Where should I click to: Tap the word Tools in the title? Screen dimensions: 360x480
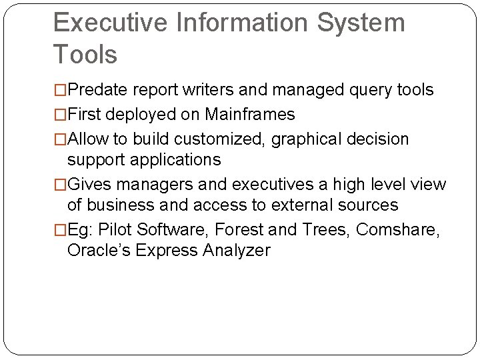click(85, 55)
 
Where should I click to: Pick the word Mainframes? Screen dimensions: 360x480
click(249, 115)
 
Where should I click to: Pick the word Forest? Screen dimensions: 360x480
click(239, 230)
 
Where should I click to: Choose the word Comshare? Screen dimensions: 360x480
click(397, 230)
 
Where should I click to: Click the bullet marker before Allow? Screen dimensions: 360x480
click(60, 139)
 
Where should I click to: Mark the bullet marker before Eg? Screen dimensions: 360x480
click(60, 230)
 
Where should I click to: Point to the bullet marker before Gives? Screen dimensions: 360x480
click(60, 185)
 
